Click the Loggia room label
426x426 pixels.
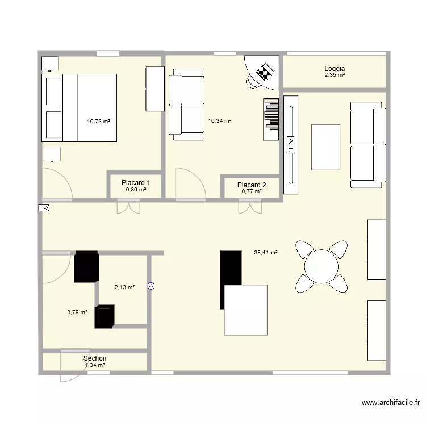[335, 68]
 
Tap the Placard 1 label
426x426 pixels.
[136, 183]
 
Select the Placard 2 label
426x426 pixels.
[252, 185]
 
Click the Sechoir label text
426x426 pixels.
[95, 358]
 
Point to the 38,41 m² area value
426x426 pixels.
[266, 253]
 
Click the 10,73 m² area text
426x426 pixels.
[98, 121]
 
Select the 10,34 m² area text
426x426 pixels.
[220, 120]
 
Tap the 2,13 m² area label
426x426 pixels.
[124, 287]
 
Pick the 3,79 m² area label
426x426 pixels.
[77, 312]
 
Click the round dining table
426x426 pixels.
[321, 266]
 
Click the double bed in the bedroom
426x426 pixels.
[80, 107]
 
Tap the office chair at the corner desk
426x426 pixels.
[252, 82]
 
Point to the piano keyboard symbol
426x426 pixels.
[272, 119]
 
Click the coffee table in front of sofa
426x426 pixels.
[325, 147]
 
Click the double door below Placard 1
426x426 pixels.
[128, 207]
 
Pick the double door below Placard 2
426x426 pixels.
[245, 208]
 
